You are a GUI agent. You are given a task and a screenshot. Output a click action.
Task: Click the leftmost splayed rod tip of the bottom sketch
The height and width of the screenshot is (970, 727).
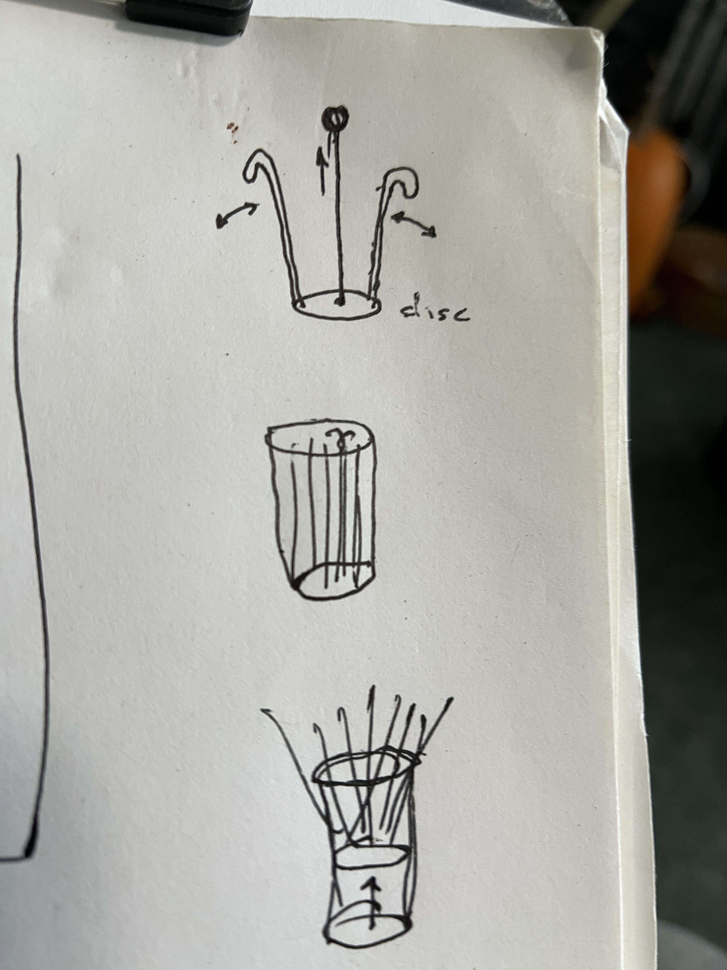[263, 709]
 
